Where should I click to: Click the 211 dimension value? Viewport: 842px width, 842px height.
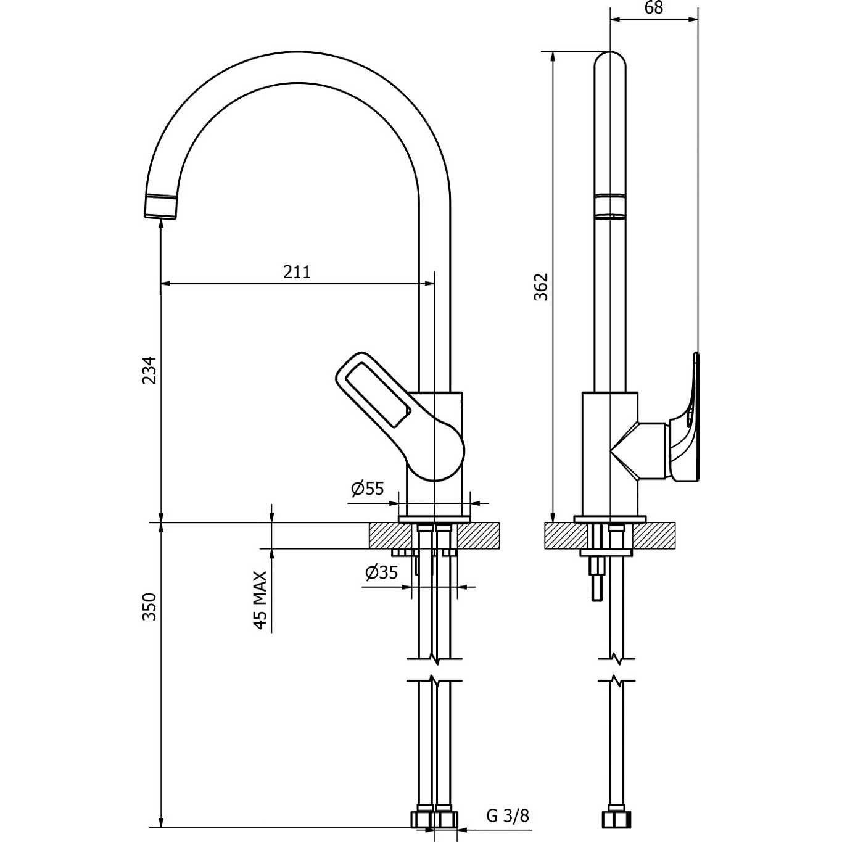tap(297, 272)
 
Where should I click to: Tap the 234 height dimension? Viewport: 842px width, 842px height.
tap(150, 369)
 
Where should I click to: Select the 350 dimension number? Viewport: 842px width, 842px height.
tap(150, 606)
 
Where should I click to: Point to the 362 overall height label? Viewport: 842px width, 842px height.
tap(541, 287)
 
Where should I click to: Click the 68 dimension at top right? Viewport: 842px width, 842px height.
tap(654, 8)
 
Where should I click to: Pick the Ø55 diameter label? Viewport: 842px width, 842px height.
tap(368, 489)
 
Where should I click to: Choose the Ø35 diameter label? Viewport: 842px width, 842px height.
tap(381, 572)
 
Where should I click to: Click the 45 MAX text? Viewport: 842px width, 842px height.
tap(260, 600)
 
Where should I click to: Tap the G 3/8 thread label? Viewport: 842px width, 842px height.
tap(508, 816)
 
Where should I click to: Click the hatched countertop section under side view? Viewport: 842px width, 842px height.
tap(654, 535)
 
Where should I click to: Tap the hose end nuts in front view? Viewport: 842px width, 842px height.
tap(434, 819)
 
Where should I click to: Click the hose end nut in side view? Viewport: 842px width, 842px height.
tap(617, 819)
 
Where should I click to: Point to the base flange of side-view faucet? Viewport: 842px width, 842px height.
tap(610, 519)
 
